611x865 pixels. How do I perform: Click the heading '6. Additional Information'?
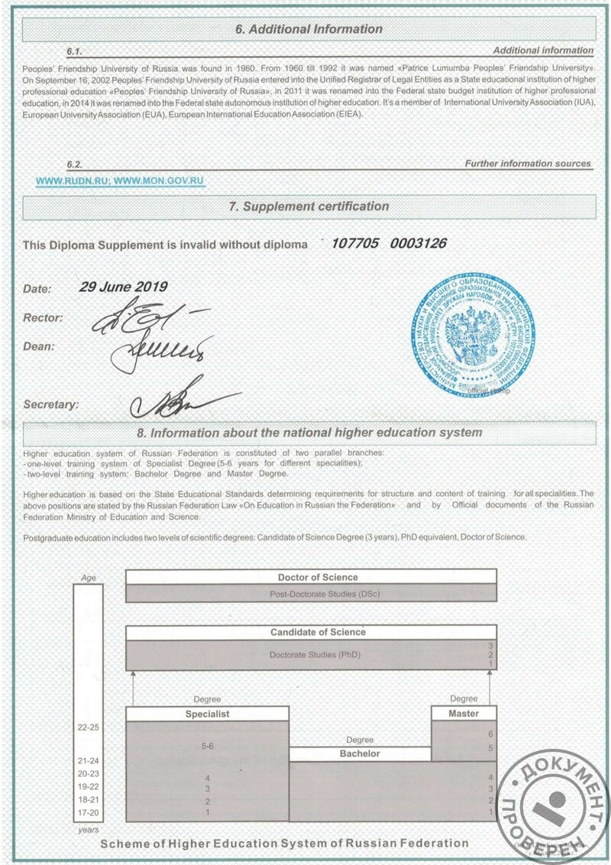click(308, 29)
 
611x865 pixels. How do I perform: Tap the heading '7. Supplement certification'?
click(309, 206)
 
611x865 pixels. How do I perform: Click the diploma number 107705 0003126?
click(389, 244)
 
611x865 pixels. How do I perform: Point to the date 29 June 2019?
click(123, 287)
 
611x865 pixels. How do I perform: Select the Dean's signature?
click(158, 350)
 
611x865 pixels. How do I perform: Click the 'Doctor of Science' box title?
click(317, 577)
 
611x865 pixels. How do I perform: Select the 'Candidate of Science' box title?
click(318, 632)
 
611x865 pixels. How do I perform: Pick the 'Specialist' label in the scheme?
click(207, 714)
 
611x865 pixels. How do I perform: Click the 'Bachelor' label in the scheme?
click(360, 753)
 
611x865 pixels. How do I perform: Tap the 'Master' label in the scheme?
click(464, 713)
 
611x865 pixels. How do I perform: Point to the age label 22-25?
click(89, 727)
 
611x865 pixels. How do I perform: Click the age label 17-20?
click(89, 812)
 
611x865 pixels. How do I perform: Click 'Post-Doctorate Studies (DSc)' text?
click(314, 594)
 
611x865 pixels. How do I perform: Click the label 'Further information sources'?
click(528, 164)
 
